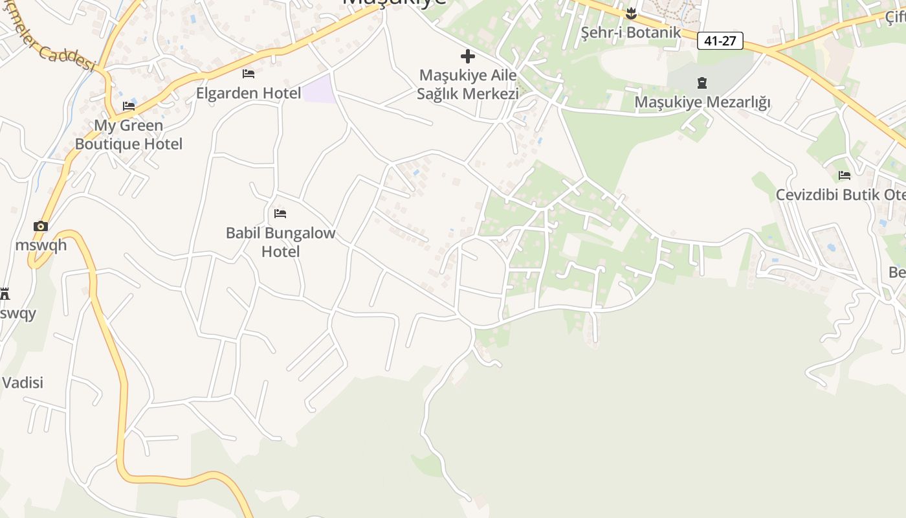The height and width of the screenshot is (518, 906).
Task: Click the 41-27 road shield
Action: click(720, 41)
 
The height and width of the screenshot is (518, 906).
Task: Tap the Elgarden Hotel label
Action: click(249, 93)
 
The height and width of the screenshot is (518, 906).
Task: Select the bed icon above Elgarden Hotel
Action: click(249, 74)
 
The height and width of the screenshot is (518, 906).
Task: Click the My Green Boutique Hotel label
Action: click(129, 135)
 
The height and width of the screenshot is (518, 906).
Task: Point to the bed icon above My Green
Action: click(129, 106)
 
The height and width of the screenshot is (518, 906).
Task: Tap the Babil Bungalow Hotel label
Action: click(280, 242)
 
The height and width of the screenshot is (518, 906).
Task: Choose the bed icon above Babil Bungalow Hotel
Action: click(280, 213)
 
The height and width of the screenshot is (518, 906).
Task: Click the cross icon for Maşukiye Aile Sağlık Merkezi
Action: click(468, 56)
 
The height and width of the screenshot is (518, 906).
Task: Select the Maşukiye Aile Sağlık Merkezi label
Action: click(468, 84)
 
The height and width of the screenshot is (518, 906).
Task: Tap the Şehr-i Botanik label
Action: click(630, 32)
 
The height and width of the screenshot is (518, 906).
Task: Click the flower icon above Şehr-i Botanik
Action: click(631, 13)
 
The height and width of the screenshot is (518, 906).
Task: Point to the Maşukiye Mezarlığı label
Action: click(702, 102)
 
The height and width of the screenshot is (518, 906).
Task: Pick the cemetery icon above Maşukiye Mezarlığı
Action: click(702, 83)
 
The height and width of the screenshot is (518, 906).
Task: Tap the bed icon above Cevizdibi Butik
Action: click(844, 175)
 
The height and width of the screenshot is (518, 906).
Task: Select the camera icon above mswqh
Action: click(41, 226)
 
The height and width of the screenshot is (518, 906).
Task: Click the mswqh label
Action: click(41, 245)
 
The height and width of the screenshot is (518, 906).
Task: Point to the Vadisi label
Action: click(22, 383)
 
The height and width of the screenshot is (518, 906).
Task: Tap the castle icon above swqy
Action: click(5, 294)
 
